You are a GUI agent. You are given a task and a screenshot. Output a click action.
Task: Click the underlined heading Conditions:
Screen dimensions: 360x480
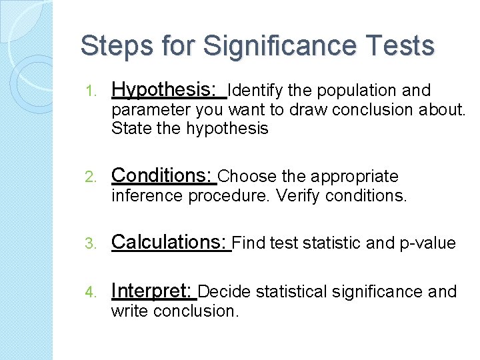[x=162, y=175]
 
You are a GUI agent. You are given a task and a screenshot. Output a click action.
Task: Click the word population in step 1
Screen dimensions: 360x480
[x=356, y=90]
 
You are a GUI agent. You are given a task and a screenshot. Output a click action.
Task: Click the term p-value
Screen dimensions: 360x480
[x=428, y=243]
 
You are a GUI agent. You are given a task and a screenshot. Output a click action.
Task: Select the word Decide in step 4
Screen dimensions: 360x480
[x=225, y=292]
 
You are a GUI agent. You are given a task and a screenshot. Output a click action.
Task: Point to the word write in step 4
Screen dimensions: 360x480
[x=131, y=311]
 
